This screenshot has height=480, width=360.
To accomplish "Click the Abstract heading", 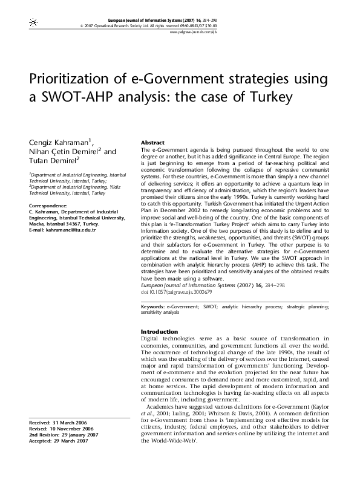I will (152, 142).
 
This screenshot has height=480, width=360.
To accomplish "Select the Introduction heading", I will (159, 331).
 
